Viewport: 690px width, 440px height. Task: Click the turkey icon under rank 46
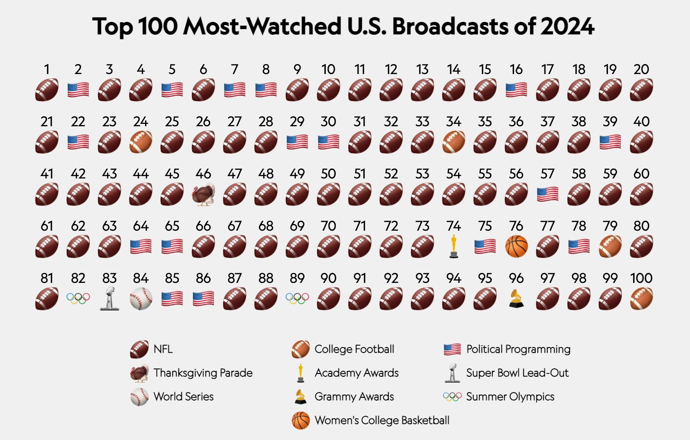203,194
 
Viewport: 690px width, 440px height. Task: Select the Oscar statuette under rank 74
454,246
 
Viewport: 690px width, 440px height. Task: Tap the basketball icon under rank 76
516,246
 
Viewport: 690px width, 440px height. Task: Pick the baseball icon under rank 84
141,299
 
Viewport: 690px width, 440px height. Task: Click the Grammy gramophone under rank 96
516,299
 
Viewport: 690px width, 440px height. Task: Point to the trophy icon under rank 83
110,299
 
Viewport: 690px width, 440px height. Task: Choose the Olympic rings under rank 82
78,299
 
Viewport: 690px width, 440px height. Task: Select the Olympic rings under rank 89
297,299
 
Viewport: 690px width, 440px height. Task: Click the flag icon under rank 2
78,90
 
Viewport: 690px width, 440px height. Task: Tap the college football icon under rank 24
141,142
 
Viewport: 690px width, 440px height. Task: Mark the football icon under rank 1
47,90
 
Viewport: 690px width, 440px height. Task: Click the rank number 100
641,278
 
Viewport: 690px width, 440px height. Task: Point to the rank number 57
548,174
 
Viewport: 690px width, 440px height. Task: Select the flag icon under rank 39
610,142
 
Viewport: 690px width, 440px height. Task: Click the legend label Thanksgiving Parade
203,373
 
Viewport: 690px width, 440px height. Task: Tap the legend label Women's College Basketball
382,421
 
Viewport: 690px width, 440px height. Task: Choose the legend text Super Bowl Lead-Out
517,373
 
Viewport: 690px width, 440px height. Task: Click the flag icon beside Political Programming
452,350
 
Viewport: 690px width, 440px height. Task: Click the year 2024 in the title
567,27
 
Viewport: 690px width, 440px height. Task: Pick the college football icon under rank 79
610,246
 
